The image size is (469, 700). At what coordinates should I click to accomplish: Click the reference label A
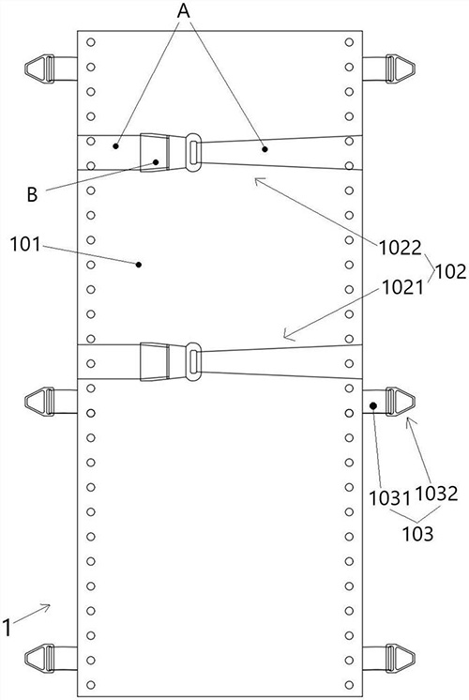click(184, 9)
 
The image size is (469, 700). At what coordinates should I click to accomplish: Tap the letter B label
click(32, 194)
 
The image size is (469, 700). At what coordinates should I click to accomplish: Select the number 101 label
click(25, 244)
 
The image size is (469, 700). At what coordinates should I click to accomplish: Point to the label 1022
click(400, 248)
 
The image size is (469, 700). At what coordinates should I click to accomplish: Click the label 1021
click(402, 288)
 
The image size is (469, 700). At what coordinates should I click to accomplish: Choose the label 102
click(450, 271)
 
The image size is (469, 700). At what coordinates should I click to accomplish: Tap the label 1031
click(389, 497)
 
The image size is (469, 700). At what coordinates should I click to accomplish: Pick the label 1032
click(436, 494)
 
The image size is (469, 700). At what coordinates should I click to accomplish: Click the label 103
click(417, 534)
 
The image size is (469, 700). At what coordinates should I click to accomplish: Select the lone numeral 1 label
click(8, 628)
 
